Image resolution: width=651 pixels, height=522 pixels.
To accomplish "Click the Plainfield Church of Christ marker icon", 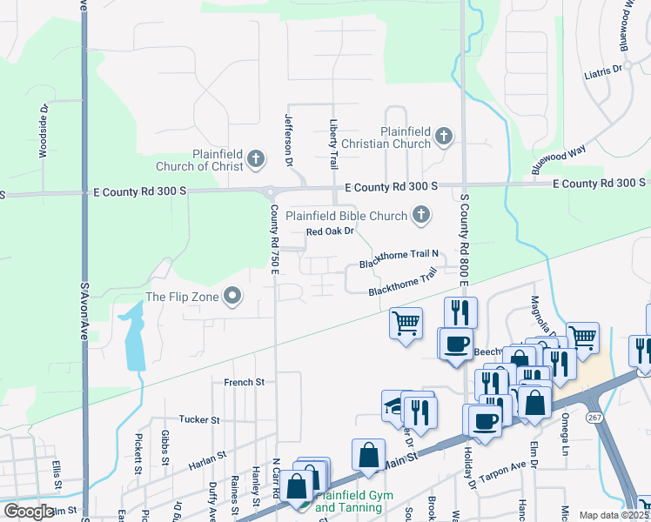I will coord(255,158).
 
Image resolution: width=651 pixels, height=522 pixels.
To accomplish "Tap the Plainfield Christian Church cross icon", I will coord(444,136).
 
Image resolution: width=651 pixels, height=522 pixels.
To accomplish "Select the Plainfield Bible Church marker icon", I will coord(421,215).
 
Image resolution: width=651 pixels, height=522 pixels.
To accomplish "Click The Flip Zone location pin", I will coord(232,297).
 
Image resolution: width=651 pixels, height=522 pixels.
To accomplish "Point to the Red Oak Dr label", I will coord(330,231).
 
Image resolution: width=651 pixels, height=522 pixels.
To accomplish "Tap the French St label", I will coord(244,382).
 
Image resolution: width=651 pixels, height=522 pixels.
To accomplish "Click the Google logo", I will coord(28,512).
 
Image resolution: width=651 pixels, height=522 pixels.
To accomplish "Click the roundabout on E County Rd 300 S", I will coord(272,192).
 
